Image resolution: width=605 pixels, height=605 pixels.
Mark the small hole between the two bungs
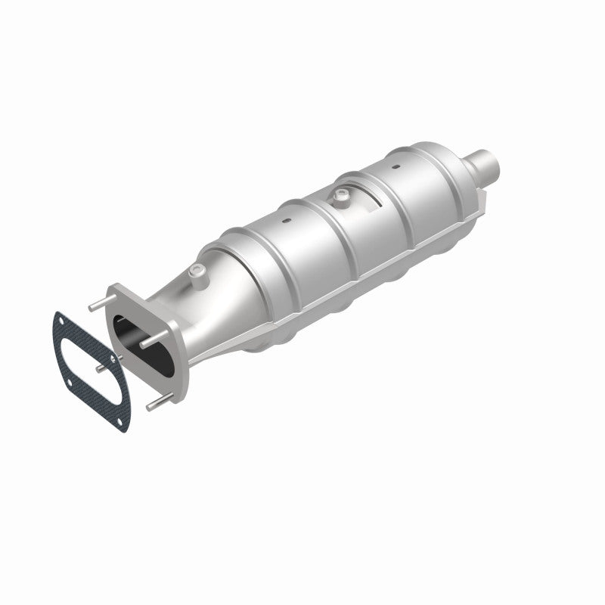pos(287,222)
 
